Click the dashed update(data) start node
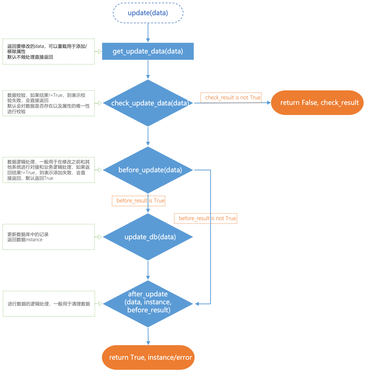(148, 13)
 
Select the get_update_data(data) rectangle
(148, 51)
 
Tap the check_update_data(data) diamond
(148, 103)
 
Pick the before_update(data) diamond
(148, 170)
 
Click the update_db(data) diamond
(148, 237)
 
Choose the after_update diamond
(148, 304)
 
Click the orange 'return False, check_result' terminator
(317, 102)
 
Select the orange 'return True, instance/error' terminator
(148, 357)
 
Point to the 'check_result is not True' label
(231, 98)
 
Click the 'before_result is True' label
(139, 201)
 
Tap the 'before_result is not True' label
(206, 218)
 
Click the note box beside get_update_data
(49, 51)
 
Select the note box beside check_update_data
(49, 103)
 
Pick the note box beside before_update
(49, 170)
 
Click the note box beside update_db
(49, 237)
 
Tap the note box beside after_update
(49, 304)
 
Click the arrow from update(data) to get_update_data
(148, 33)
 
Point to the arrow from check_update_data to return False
(232, 103)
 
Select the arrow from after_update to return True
(148, 336)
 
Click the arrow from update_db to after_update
(148, 270)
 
